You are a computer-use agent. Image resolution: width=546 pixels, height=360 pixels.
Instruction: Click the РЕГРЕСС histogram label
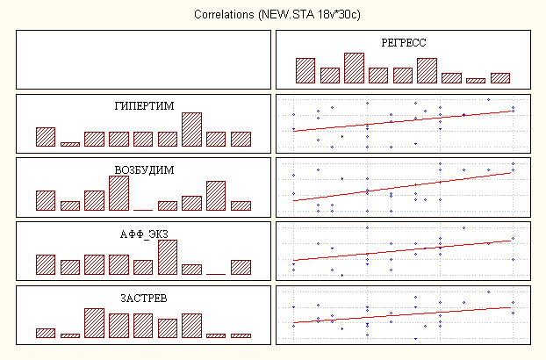[404, 42]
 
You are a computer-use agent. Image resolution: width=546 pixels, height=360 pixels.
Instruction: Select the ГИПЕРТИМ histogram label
[143, 105]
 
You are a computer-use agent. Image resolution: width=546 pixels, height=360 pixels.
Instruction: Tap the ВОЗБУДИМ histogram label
[143, 169]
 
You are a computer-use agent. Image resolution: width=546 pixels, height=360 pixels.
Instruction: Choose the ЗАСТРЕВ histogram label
[143, 299]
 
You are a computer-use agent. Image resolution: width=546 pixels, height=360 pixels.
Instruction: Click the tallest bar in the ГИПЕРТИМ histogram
[192, 129]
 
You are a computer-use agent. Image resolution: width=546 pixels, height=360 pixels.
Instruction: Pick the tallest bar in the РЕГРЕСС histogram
[354, 68]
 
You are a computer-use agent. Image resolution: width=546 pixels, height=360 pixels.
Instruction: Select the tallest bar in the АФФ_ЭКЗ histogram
[168, 258]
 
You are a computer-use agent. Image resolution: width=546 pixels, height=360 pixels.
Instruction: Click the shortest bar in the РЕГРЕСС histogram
[475, 81]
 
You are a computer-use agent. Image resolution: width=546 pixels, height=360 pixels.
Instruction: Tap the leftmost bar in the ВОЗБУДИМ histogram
[46, 200]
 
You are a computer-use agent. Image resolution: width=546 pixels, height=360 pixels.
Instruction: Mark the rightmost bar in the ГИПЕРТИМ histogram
[241, 139]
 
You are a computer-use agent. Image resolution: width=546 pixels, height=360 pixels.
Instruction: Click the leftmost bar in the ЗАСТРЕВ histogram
[46, 333]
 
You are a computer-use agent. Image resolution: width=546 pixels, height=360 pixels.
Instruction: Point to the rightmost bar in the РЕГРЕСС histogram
[500, 78]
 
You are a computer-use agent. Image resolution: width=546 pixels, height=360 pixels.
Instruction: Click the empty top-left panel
[143, 59]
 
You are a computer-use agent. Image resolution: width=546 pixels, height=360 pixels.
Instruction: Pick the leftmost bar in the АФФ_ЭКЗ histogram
[46, 265]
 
